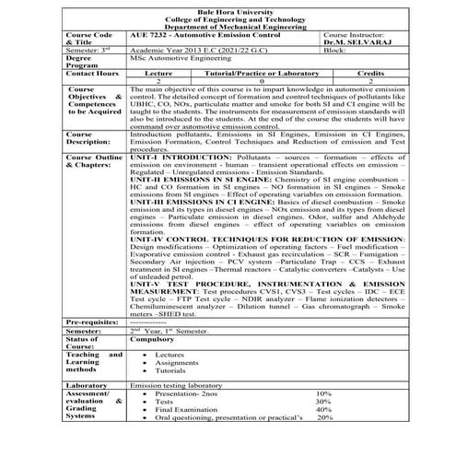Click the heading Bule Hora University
pyautogui.click(x=228, y=8)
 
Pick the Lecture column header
pyautogui.click(x=159, y=71)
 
